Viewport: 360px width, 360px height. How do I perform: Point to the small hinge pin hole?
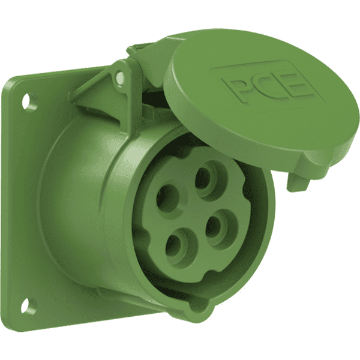pos(119,76)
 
